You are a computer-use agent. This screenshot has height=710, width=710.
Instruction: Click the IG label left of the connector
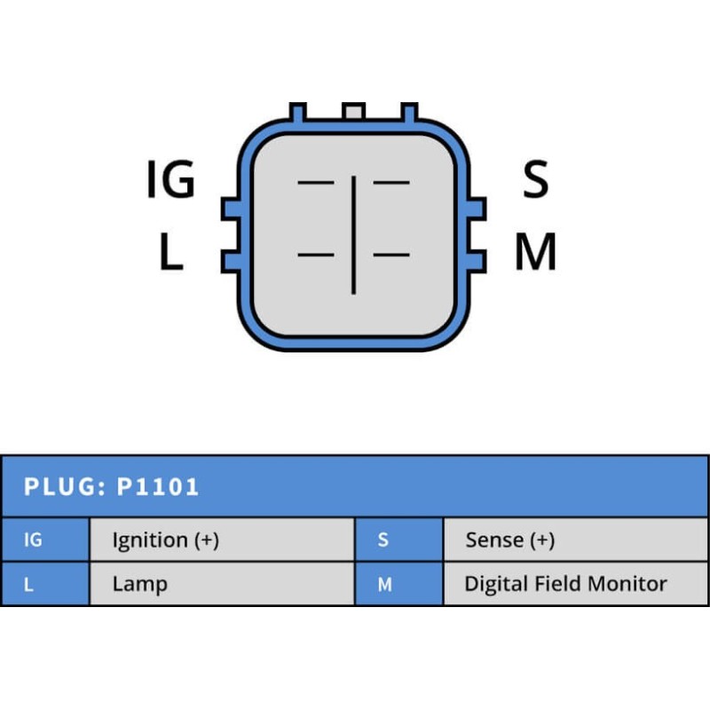point(170,180)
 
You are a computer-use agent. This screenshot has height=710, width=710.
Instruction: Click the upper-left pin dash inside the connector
point(316,183)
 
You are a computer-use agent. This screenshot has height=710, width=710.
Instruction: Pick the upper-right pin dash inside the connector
point(391,183)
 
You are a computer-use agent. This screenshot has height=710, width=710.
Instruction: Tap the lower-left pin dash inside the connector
point(316,256)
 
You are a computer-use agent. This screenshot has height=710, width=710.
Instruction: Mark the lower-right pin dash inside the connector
point(391,256)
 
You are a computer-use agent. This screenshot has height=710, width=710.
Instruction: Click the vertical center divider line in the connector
point(353,234)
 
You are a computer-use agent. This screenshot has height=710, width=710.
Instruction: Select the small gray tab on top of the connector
point(353,112)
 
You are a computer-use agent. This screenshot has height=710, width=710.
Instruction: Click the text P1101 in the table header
point(158,487)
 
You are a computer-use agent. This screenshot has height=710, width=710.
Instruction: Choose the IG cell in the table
point(44,540)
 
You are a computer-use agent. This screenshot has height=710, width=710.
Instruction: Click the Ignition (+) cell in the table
point(222,540)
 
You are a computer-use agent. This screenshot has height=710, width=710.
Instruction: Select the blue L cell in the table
point(44,584)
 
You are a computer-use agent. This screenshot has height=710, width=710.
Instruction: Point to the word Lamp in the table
point(139,584)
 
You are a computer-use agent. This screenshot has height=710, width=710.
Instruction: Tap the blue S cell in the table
point(398,540)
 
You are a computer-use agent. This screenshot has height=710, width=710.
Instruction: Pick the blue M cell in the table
point(398,584)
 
